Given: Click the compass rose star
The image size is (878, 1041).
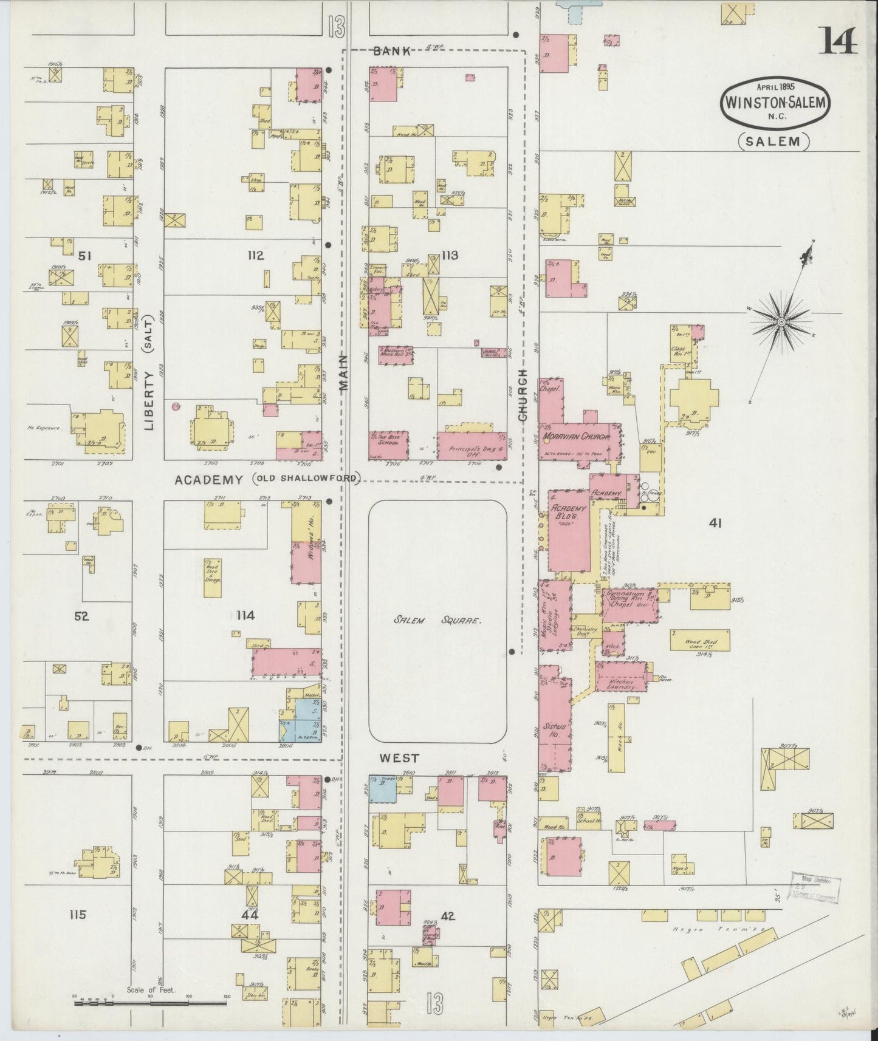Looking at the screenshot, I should [x=782, y=320].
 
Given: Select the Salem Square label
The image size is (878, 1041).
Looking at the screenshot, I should [x=437, y=621].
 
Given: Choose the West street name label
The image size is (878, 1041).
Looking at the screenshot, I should [x=399, y=758].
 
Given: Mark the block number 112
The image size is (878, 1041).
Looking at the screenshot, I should [x=255, y=256].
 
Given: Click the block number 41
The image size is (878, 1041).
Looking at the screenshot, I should [x=715, y=522].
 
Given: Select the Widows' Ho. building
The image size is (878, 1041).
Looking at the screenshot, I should [x=306, y=545].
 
